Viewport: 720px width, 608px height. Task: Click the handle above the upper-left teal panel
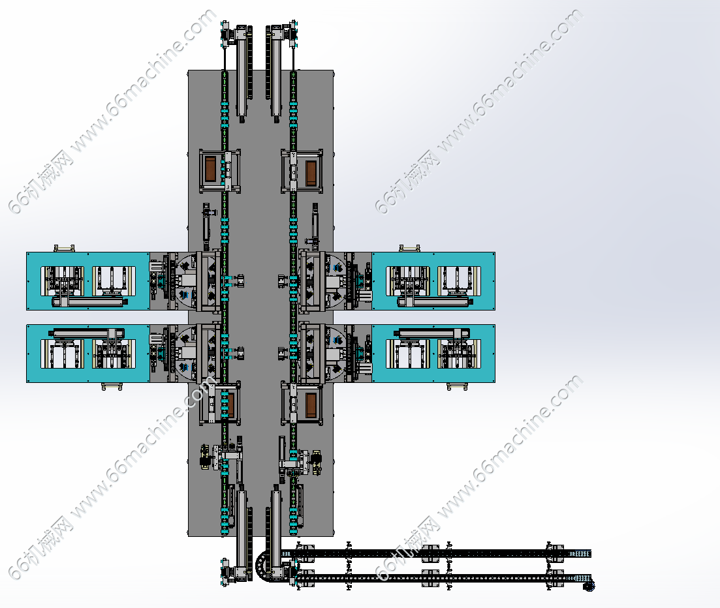point(64,249)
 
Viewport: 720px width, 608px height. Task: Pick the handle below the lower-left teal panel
point(112,386)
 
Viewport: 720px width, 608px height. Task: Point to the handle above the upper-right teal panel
point(409,249)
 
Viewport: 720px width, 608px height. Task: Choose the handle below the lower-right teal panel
point(457,386)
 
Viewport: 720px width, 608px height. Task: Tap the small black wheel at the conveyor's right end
point(589,586)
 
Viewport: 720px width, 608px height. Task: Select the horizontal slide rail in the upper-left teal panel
point(89,301)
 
